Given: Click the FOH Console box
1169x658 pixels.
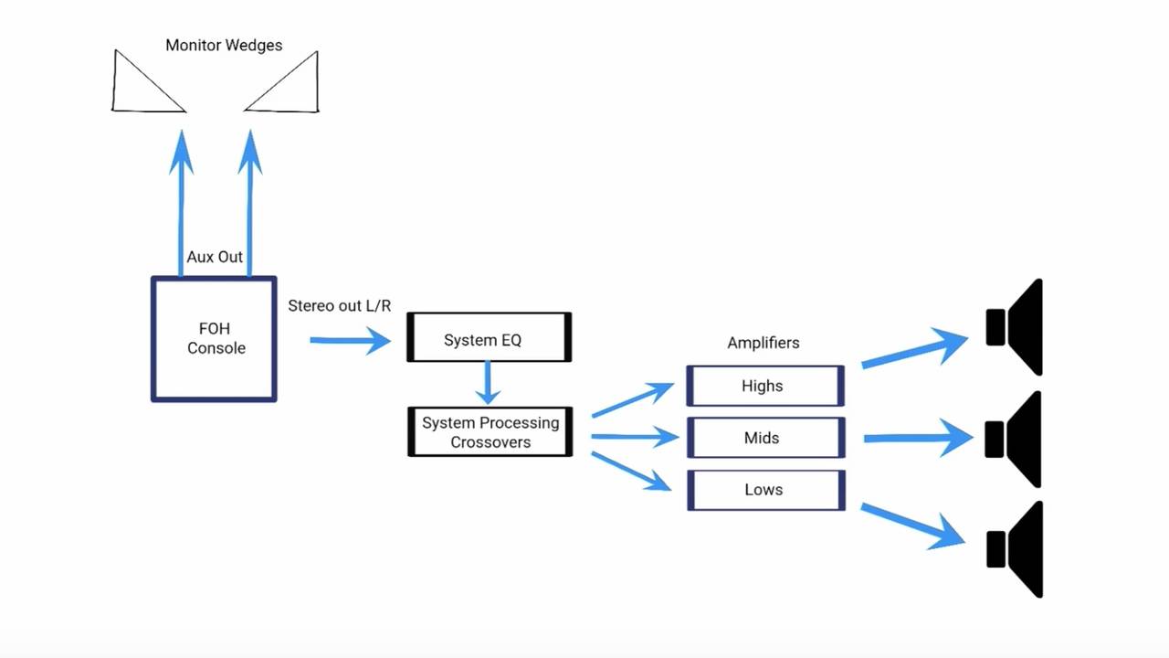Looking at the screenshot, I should [x=214, y=339].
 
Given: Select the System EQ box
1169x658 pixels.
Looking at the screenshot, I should [x=489, y=337].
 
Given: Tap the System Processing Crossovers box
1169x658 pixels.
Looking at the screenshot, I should [x=490, y=432].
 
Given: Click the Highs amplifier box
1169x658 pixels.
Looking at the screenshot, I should [x=764, y=386].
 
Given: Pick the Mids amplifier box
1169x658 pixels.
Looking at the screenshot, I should [x=764, y=438].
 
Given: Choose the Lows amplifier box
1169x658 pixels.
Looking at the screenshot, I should [x=764, y=490].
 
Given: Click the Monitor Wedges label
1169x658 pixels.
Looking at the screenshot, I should [x=224, y=45].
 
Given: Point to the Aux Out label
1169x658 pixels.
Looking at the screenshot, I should [x=215, y=257].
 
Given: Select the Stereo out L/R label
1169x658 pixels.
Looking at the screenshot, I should [x=339, y=305].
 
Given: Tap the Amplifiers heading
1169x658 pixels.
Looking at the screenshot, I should [x=763, y=343].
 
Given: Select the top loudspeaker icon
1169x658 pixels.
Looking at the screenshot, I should [x=1016, y=327].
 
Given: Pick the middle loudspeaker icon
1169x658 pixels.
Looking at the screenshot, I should [x=1016, y=440].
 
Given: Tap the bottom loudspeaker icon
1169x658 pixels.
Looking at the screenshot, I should [x=1016, y=549].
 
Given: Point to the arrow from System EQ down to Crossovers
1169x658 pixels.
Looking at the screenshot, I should [x=489, y=382].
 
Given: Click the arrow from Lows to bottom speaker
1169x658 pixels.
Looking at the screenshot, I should [x=913, y=525].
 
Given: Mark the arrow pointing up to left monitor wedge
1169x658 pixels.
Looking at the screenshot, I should [x=181, y=201].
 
